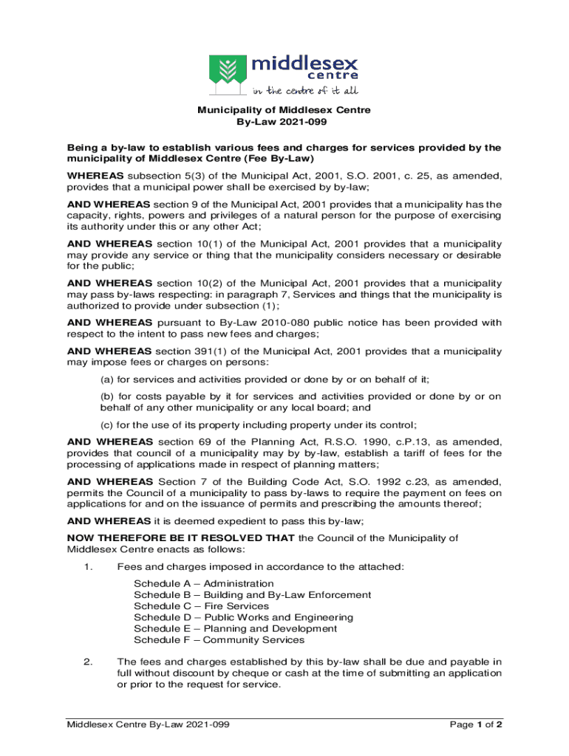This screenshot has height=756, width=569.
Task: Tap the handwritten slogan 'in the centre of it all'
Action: (306, 92)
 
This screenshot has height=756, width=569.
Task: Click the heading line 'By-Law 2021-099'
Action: (284, 123)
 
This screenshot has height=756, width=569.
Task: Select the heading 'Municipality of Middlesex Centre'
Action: (284, 111)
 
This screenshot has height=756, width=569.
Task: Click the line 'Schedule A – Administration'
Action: (204, 583)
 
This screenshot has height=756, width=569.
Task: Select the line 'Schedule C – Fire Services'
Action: (201, 606)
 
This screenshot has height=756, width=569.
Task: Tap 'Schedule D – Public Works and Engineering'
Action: (243, 617)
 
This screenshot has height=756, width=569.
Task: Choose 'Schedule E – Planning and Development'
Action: (235, 628)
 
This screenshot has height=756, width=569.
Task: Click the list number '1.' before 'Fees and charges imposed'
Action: (87, 566)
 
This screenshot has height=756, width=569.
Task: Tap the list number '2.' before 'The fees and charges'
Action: (87, 661)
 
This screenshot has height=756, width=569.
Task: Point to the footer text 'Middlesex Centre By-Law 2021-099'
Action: (148, 725)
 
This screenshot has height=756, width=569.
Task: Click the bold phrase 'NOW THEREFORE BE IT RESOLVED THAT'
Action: (180, 537)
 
